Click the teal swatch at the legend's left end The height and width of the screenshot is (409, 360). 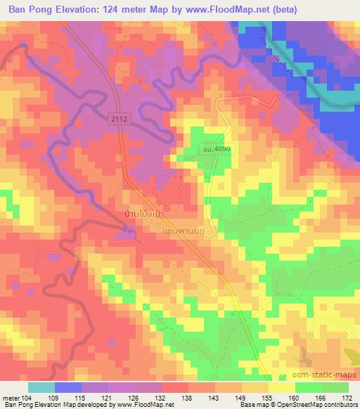(x=41, y=387)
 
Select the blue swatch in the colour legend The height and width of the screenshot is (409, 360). (x=67, y=387)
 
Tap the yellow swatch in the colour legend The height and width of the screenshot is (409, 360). (x=281, y=387)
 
